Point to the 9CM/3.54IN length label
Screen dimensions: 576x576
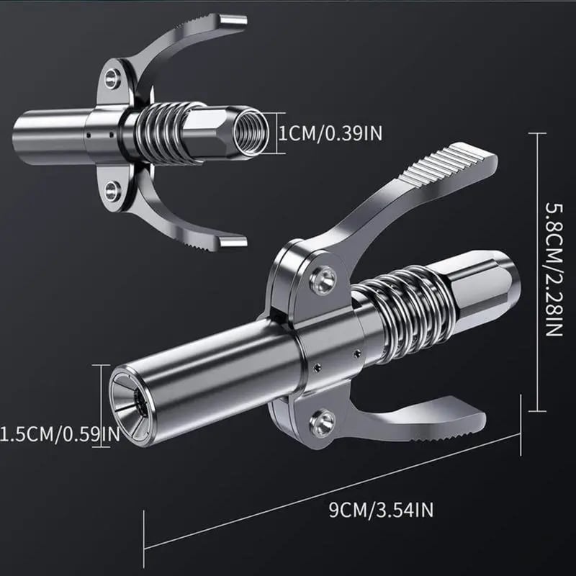point(381,512)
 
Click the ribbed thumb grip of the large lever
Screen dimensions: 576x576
point(454,173)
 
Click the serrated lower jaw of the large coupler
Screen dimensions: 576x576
point(425,425)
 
